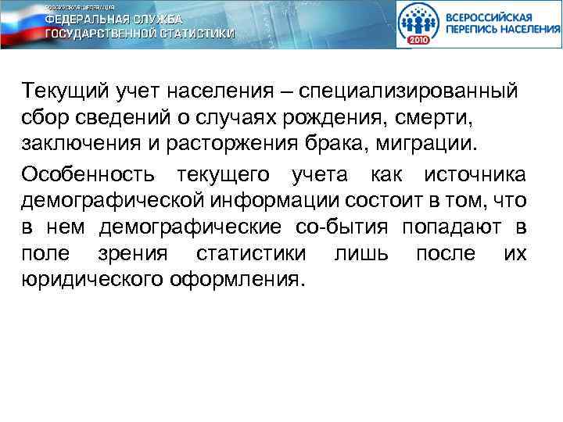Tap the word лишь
[x=358, y=254]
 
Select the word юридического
[x=93, y=279]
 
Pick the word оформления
[x=235, y=279]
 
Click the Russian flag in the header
[x=19, y=27]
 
